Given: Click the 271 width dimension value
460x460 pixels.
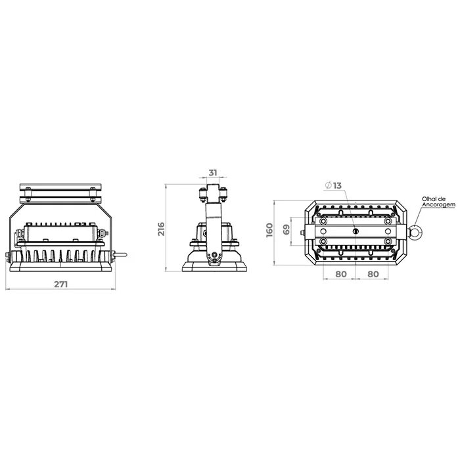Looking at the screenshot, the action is pos(61,285).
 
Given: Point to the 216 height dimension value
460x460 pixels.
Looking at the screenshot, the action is pos(162,229).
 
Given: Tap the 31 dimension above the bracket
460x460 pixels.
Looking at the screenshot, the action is pos(213,173).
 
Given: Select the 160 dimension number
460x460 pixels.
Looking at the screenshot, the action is pos(269,230).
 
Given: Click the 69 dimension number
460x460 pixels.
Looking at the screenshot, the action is pos(287,229).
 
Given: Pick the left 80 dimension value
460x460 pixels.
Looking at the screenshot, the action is pos(340,274).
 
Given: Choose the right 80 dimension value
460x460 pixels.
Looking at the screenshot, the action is pos(373,274).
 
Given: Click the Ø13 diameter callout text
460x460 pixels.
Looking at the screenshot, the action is pos(334,185).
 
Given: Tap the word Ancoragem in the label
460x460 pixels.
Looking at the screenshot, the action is pos(438,205).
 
